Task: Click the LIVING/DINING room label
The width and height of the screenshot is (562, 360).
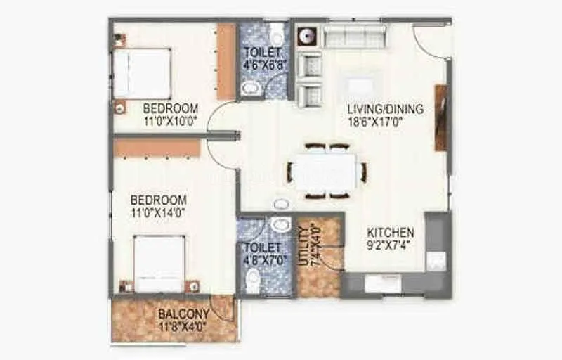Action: click(386, 109)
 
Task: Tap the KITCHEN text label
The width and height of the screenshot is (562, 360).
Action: click(391, 233)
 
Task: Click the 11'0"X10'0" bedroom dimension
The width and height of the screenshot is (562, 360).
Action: click(170, 121)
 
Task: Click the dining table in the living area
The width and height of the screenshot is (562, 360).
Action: click(325, 172)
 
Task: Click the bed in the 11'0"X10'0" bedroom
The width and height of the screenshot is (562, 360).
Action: click(142, 73)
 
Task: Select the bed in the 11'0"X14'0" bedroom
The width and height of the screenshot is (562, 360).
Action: click(159, 263)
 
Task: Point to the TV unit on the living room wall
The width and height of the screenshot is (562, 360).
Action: click(440, 117)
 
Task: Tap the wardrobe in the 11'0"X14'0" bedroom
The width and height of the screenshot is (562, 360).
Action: click(157, 148)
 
